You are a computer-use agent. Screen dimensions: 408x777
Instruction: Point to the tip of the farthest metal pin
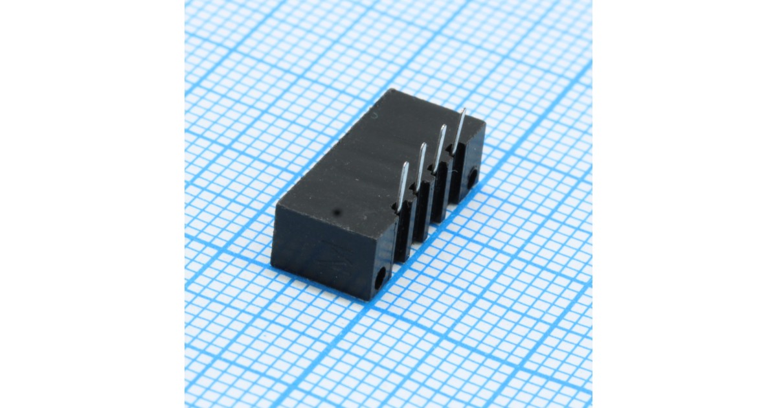(464, 110)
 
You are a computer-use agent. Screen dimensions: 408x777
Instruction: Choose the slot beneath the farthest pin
(457, 175)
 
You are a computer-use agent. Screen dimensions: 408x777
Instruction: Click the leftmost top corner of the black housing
(277, 206)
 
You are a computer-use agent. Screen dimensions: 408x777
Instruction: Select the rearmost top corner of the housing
(391, 89)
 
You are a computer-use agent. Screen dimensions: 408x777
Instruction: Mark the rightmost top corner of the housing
(484, 122)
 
